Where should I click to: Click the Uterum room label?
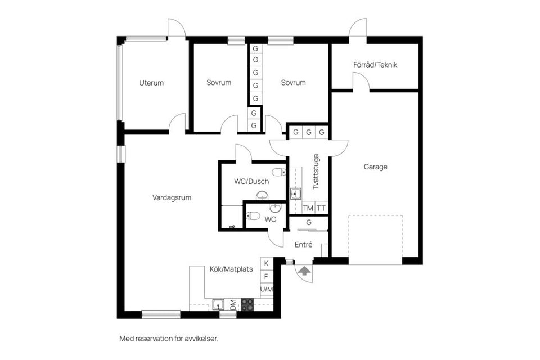(151, 83)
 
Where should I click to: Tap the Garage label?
(375, 166)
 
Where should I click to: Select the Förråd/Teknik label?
(375, 65)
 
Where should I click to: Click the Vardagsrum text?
(172, 197)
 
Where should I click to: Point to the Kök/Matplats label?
(231, 269)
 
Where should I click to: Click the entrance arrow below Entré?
(304, 271)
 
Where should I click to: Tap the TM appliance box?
(308, 208)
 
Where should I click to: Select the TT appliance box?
(321, 208)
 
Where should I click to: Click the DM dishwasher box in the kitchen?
(233, 305)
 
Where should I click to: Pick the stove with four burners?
(247, 304)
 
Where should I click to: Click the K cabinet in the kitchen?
(267, 263)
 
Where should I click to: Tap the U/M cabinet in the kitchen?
(267, 289)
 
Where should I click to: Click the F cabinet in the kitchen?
(267, 276)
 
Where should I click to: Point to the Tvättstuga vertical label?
(316, 171)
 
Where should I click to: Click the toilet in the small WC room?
(254, 215)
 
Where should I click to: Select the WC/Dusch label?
(251, 182)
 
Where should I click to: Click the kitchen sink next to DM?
(220, 305)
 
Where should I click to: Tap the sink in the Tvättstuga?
(295, 194)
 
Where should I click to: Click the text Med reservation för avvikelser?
(168, 339)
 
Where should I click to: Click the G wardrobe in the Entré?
(309, 223)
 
